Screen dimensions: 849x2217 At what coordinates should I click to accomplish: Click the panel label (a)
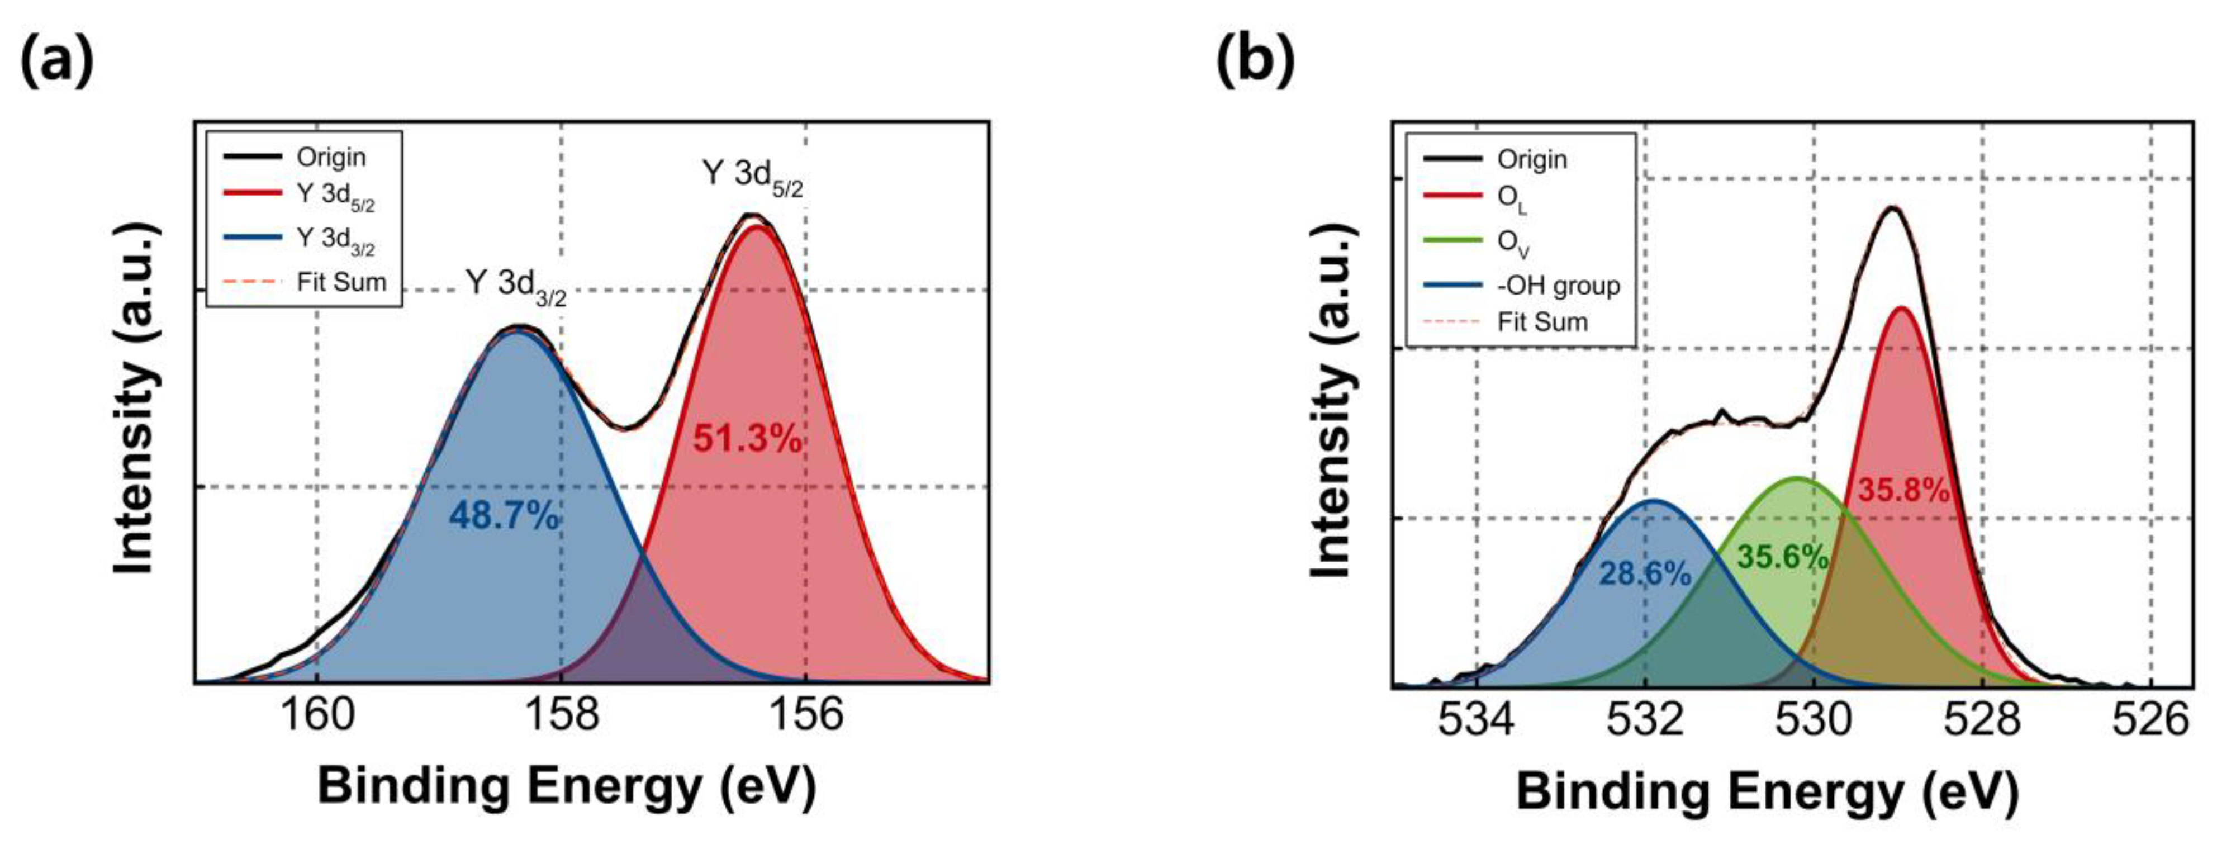[58, 62]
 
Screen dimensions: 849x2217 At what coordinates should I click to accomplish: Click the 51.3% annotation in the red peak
[747, 440]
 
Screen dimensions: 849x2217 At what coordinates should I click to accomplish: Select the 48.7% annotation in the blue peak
[504, 516]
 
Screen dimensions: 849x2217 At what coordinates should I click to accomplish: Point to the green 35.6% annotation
[1782, 558]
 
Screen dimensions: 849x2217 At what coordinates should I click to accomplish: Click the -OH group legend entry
[1558, 286]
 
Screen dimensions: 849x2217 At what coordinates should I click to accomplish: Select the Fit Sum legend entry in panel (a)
[341, 282]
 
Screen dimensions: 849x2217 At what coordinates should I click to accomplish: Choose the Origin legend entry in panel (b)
[1532, 159]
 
